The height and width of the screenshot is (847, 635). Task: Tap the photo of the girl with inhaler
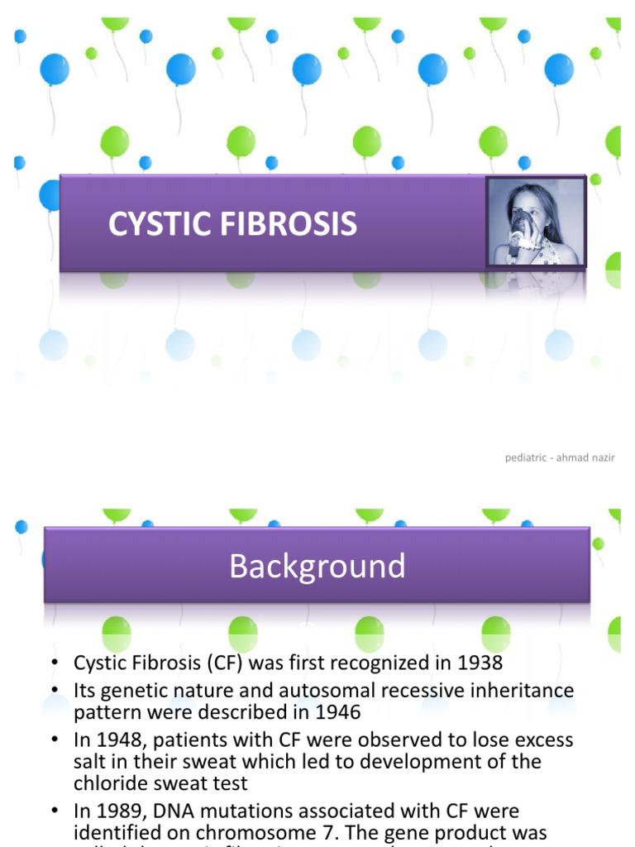tap(536, 223)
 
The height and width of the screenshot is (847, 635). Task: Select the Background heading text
tap(317, 567)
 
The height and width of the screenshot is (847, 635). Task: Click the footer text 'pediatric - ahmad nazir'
tap(560, 457)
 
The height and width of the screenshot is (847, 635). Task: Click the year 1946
tap(336, 711)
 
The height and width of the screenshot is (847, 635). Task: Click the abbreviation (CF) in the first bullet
tap(229, 663)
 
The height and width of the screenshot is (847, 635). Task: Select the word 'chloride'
tap(110, 782)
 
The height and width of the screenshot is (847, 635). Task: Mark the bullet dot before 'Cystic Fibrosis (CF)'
tap(54, 663)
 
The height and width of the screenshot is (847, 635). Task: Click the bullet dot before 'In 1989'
tap(54, 812)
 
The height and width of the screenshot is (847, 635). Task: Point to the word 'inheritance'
tap(519, 690)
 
